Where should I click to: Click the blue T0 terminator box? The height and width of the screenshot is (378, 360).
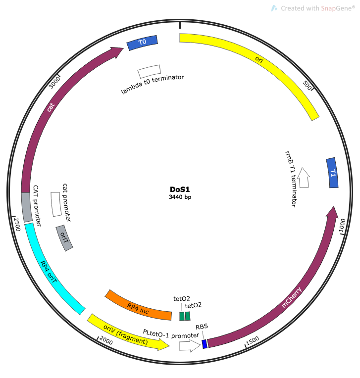(x=142, y=43)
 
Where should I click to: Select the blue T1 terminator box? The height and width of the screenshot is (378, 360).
(x=332, y=173)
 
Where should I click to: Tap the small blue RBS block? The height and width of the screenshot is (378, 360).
(x=205, y=344)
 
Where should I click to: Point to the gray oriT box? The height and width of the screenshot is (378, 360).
(x=64, y=238)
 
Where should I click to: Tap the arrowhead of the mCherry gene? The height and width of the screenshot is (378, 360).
(x=332, y=213)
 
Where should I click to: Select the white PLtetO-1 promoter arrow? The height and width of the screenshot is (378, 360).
(x=190, y=345)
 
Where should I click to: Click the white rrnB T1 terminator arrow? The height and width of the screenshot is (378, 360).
(x=304, y=178)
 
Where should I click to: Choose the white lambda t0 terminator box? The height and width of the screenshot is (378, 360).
(x=149, y=71)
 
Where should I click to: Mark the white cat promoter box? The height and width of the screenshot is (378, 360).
(x=56, y=204)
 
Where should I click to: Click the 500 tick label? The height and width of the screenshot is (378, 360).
(x=307, y=85)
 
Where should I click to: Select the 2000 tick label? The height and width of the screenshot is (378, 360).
(x=106, y=340)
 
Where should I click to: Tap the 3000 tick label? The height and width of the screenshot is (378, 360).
(x=54, y=82)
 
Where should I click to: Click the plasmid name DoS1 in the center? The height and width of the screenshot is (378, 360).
(x=180, y=189)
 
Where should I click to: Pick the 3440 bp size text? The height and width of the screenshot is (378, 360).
(x=180, y=197)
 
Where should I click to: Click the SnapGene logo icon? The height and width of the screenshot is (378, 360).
(x=274, y=8)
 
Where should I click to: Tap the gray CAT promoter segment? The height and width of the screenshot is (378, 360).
(x=27, y=207)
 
